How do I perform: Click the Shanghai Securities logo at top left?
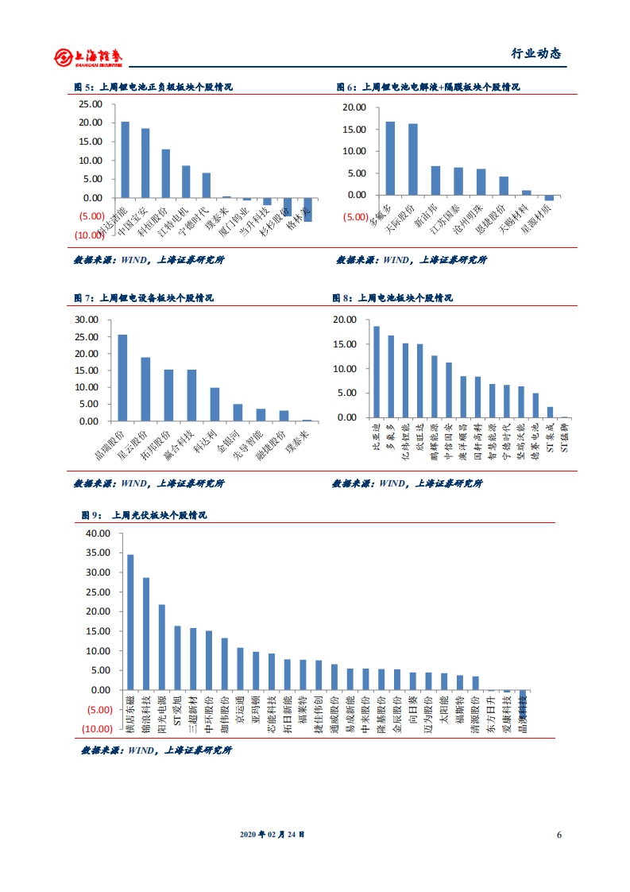coord(88,56)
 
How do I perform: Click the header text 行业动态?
coord(535,54)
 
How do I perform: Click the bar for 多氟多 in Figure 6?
coord(390,158)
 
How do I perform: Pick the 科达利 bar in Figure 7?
coord(215,404)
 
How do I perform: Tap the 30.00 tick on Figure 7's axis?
coord(85,320)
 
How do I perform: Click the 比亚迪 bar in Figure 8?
coord(376,371)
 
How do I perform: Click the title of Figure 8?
coord(392,298)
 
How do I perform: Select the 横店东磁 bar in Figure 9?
coord(130,622)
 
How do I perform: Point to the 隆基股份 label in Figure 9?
coord(381,712)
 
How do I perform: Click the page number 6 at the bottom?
coord(559,835)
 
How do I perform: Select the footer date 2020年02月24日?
coord(272,835)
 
